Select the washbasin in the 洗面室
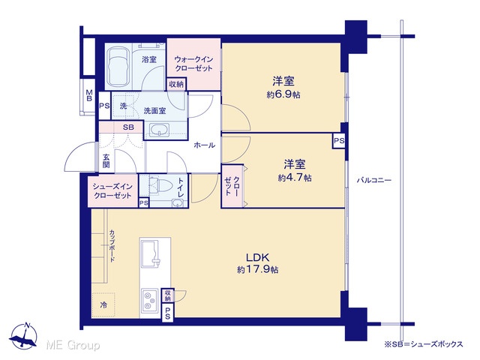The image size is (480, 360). [159, 130]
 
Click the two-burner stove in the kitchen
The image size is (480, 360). [150, 301]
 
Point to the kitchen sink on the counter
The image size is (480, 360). [150, 253]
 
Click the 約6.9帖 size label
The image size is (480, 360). [283, 95]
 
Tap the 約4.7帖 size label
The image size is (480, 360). [295, 178]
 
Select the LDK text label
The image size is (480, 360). [258, 256]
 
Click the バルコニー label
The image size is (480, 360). [373, 180]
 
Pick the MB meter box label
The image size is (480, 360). [89, 95]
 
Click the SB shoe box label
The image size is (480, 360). [128, 127]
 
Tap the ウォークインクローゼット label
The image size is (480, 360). [193, 64]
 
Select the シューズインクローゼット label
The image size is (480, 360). [112, 191]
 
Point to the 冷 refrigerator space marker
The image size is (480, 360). [103, 305]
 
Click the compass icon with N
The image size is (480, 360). [23, 335]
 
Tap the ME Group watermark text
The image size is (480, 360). [73, 346]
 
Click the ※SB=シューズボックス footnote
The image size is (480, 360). [424, 344]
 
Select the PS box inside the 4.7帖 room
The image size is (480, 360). [339, 141]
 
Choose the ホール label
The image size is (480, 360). [204, 145]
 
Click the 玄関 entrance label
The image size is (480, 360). [106, 161]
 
